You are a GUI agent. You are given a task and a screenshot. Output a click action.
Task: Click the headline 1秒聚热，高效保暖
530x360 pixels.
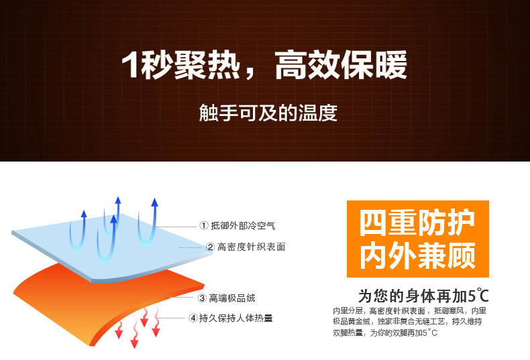click(x=264, y=64)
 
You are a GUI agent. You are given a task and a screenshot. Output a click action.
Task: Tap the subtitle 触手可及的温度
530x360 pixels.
click(x=268, y=113)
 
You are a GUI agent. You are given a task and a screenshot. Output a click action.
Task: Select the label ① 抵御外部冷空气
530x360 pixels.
click(x=237, y=226)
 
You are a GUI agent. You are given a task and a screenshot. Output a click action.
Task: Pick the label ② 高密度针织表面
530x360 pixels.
click(x=246, y=247)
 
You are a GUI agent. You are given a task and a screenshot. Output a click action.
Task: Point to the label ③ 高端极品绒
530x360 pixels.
click(x=227, y=298)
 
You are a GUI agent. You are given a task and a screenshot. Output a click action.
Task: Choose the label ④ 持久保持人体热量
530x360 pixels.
click(x=231, y=318)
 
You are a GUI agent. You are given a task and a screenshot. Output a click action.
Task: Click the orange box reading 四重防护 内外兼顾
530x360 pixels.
click(x=418, y=239)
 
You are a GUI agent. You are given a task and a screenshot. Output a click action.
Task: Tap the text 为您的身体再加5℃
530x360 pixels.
click(x=423, y=296)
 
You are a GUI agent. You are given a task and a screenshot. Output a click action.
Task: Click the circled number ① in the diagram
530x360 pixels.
click(x=204, y=226)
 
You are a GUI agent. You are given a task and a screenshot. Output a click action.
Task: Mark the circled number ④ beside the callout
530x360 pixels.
click(x=193, y=318)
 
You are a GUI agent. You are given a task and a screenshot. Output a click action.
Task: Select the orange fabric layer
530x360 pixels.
click(x=108, y=304)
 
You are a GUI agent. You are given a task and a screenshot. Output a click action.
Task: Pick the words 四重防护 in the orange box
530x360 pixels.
click(x=417, y=223)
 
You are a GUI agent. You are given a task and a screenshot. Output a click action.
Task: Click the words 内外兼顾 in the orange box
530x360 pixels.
click(x=418, y=255)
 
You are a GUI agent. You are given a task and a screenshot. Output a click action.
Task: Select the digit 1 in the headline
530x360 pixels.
click(x=129, y=65)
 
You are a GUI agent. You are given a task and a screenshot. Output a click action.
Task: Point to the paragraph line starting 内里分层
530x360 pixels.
click(x=409, y=310)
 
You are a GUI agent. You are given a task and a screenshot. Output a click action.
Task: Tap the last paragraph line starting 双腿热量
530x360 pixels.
click(x=385, y=333)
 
